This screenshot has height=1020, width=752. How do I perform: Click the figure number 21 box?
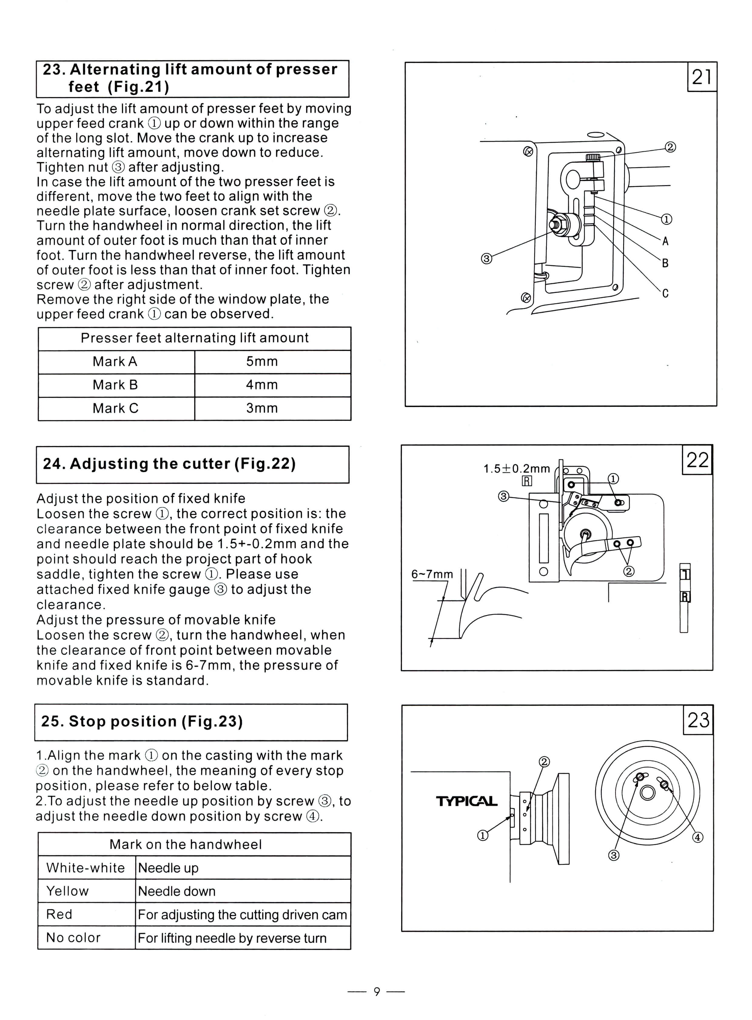701,77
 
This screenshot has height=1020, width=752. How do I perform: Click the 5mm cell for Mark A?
262,362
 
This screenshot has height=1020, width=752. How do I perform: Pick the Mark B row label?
115,385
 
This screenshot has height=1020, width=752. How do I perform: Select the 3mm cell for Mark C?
262,408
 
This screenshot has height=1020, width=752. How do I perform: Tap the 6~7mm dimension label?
432,574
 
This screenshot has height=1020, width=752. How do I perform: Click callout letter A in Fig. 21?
665,242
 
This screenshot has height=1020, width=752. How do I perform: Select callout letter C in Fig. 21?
665,293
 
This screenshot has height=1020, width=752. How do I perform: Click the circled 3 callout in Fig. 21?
486,259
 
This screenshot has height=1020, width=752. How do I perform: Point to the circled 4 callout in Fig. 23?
697,837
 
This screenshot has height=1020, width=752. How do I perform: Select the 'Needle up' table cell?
168,868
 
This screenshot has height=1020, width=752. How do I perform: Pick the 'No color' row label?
73,938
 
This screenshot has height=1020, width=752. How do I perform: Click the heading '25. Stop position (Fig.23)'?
142,722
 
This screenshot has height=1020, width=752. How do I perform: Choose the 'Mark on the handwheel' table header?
185,844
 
